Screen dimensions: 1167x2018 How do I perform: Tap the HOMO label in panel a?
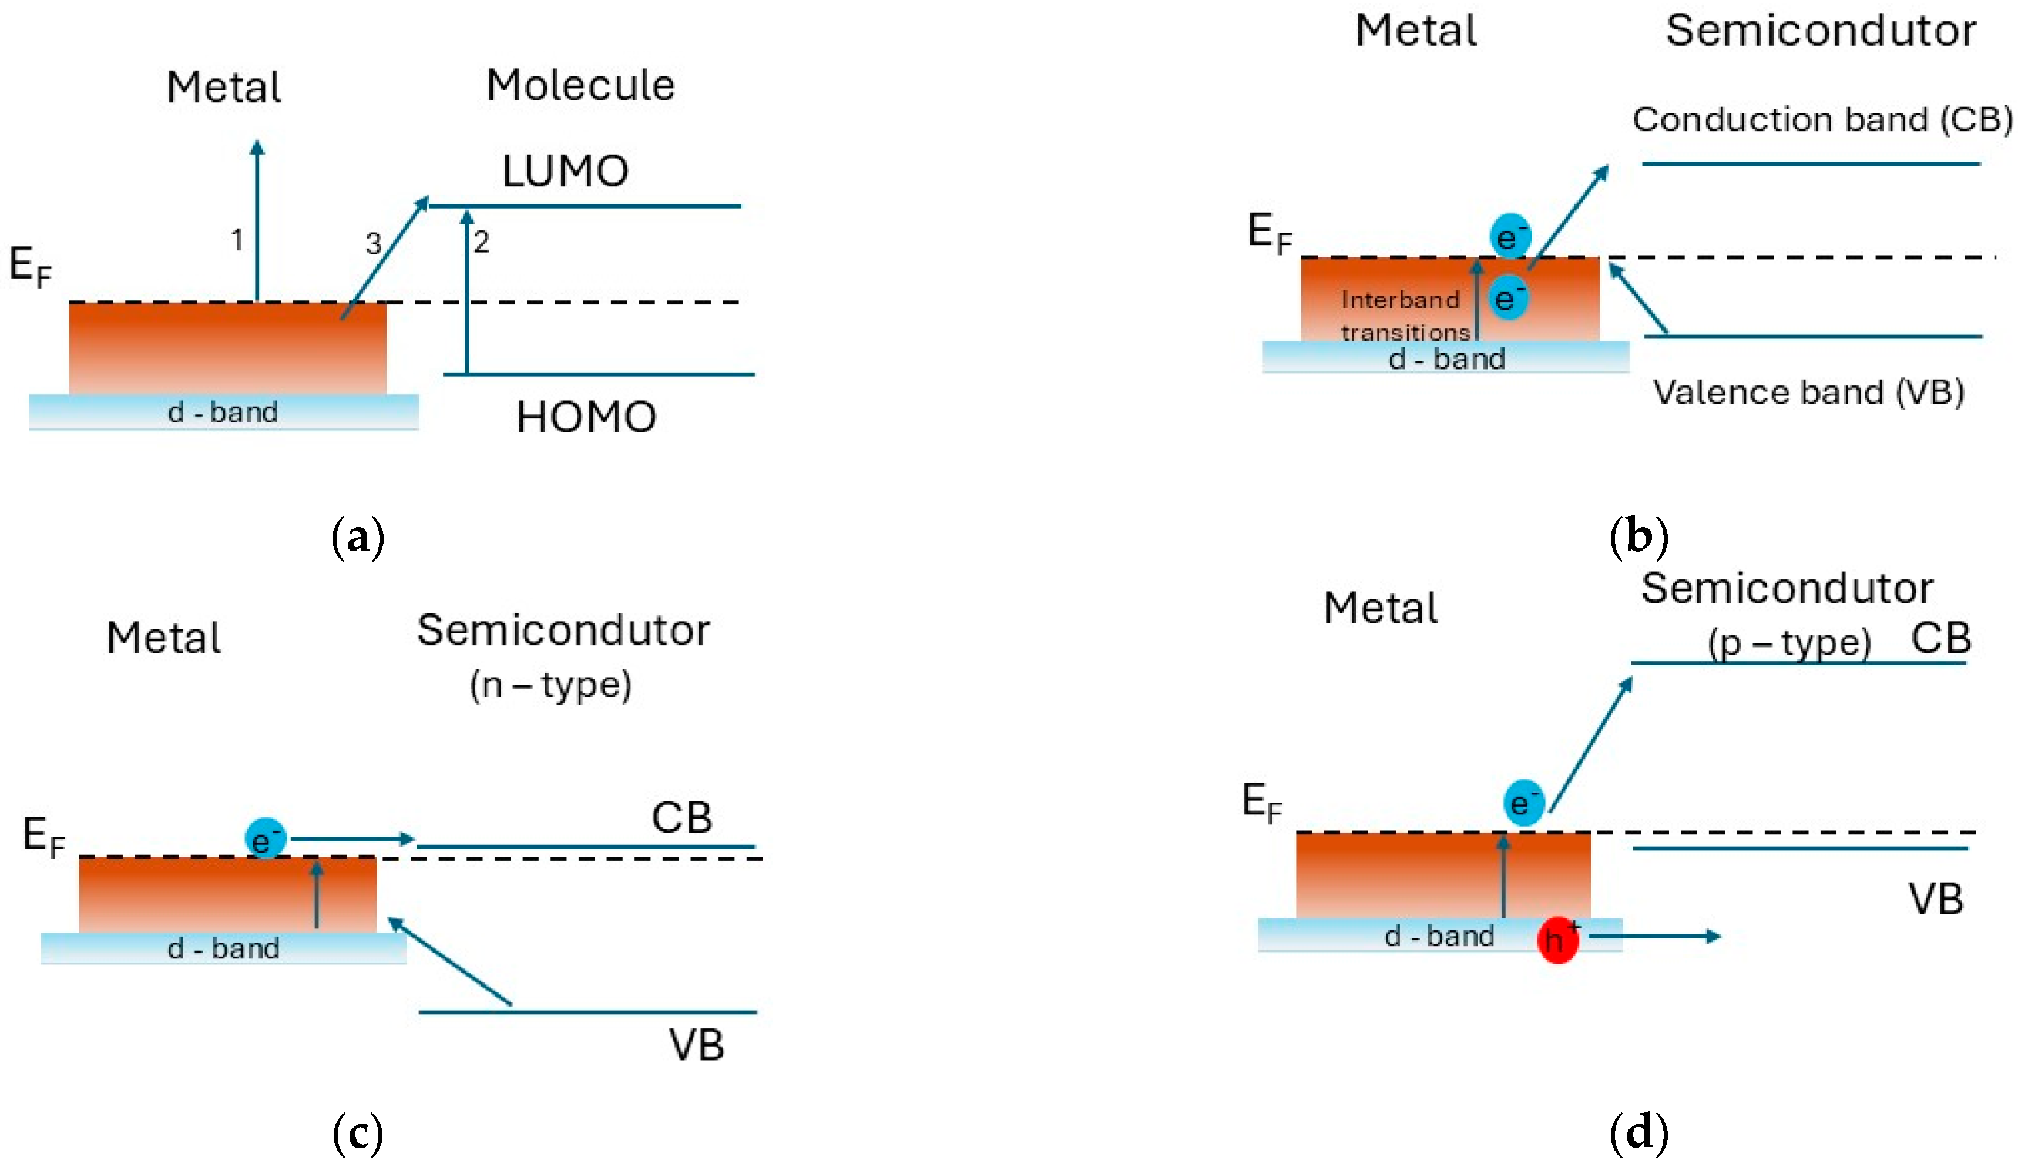click(586, 417)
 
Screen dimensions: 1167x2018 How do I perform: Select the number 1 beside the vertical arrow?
click(237, 240)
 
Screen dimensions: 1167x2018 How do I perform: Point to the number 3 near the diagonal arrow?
click(373, 243)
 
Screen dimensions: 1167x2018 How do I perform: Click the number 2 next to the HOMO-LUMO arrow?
click(481, 241)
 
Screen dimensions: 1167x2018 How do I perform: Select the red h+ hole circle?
click(1557, 940)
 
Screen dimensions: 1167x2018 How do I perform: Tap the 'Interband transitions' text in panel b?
click(1405, 316)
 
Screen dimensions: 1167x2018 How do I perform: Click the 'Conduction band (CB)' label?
click(1822, 119)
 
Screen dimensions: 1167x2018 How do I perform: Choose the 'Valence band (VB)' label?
click(1808, 392)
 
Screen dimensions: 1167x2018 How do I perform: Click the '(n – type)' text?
click(551, 685)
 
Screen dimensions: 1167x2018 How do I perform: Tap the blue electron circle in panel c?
click(265, 839)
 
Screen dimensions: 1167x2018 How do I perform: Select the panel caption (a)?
click(357, 538)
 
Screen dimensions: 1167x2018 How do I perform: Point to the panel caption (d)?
click(1638, 1132)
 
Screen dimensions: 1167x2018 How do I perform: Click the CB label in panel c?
click(681, 818)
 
